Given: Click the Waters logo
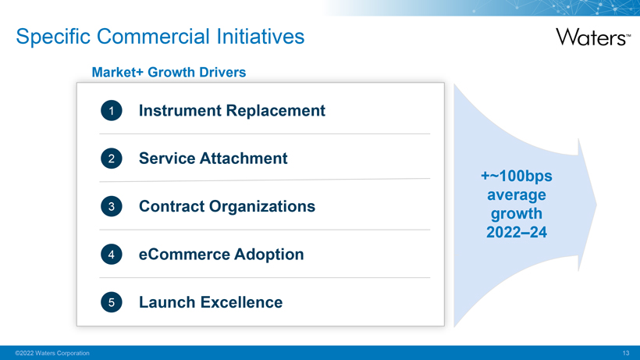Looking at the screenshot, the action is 593,37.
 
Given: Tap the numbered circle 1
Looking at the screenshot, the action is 112,110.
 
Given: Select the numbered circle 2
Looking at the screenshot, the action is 112,159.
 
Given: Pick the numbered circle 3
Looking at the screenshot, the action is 112,206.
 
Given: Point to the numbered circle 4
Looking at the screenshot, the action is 112,255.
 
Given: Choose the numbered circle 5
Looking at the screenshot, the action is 112,302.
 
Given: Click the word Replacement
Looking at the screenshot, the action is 276,111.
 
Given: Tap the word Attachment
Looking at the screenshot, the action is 244,159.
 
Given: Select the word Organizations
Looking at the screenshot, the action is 262,206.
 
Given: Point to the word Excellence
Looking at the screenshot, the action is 241,302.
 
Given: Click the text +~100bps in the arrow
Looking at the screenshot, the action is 517,176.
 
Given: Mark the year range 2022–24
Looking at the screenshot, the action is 517,232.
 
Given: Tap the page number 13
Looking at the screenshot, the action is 626,353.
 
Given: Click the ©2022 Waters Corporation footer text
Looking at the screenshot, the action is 52,353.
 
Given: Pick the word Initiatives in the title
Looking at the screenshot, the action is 261,37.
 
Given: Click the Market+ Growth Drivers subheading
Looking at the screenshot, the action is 169,73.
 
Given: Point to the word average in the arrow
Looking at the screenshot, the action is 517,195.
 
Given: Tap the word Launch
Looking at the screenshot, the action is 166,302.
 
